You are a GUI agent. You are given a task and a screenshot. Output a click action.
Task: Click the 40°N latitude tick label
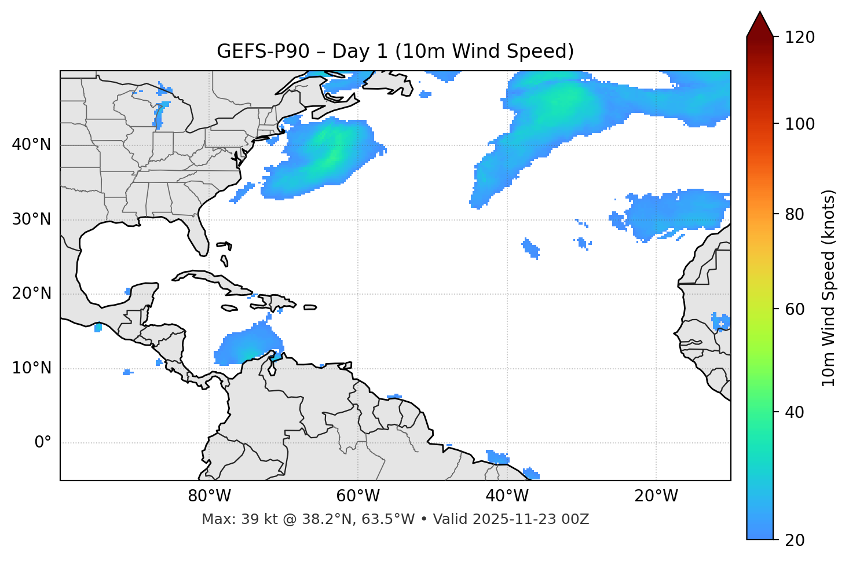31,145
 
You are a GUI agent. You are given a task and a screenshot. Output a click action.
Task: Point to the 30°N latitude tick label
31,219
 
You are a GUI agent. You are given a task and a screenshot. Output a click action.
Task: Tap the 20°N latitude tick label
31,294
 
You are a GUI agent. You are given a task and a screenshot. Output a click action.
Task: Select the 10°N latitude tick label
31,368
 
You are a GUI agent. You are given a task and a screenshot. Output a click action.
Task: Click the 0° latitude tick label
43,443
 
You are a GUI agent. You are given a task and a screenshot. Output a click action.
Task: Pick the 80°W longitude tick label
209,496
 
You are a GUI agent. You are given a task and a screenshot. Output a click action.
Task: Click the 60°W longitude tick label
358,496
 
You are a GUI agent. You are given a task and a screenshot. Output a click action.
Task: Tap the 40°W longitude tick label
507,496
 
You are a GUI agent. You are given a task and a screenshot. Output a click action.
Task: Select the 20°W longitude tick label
656,496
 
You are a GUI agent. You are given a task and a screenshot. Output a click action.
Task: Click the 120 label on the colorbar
800,38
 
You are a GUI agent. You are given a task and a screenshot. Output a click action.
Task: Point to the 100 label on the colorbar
800,124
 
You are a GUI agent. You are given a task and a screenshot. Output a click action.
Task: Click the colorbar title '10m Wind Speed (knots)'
829,288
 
